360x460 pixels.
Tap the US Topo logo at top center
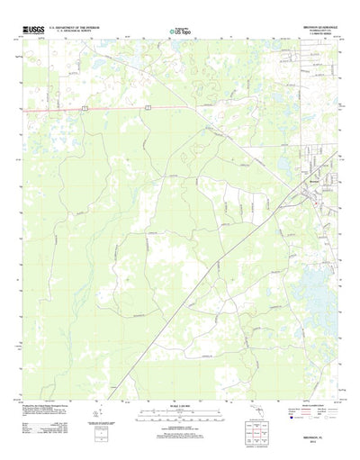(179, 32)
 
